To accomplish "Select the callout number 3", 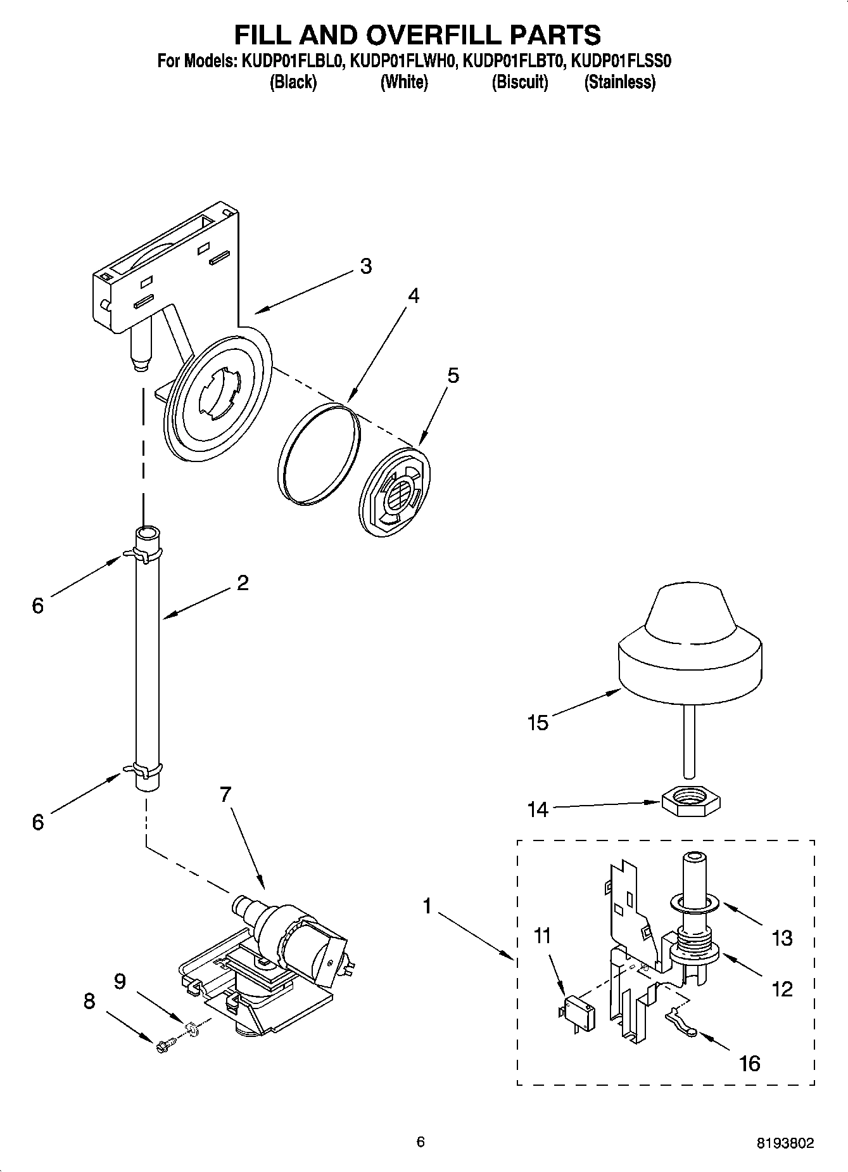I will (366, 266).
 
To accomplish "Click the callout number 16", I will (749, 1063).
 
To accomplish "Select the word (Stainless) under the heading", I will (619, 82).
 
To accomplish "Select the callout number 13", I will (782, 937).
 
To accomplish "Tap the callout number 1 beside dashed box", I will (427, 907).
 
